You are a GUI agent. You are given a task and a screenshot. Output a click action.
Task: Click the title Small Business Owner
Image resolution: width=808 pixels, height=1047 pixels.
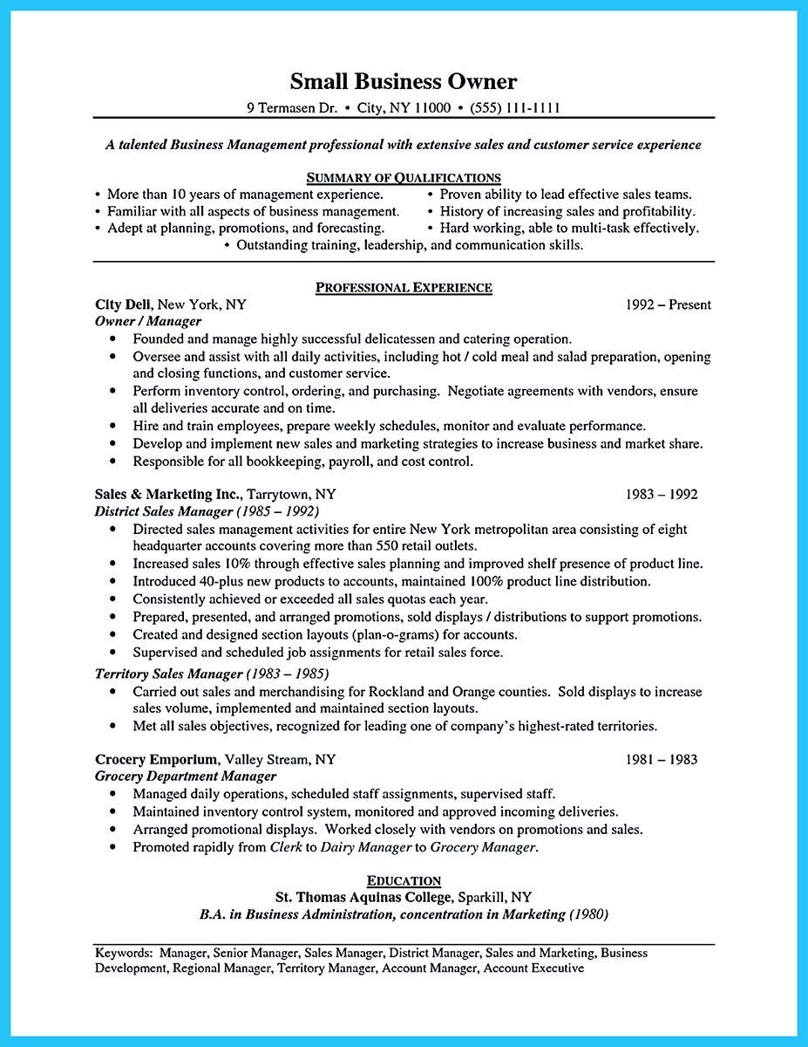pos(403,82)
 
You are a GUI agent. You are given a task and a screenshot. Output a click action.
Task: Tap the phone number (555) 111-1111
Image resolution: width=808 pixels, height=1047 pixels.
pos(514,108)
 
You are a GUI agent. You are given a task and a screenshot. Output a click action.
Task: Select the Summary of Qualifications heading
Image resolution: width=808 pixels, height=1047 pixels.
pos(403,178)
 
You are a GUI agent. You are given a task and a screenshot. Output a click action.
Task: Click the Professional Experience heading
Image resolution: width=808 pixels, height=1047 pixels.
pos(403,287)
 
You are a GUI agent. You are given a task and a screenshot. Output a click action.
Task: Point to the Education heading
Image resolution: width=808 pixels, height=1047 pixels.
pos(403,880)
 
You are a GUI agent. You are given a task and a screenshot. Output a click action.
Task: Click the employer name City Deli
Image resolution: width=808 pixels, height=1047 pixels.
pos(124,305)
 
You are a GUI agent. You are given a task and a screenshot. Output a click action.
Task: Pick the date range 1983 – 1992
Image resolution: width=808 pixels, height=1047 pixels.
pos(662,494)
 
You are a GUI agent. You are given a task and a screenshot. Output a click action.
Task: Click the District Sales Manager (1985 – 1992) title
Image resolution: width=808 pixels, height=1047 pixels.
pos(206,511)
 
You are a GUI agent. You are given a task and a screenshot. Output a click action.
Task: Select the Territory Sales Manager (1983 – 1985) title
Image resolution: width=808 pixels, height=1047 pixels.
pos(211,674)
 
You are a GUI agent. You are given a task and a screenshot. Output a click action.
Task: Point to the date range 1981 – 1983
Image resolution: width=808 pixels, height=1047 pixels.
pos(662,759)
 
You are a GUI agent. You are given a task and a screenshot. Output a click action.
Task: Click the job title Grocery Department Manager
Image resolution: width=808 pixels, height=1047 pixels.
pos(185,776)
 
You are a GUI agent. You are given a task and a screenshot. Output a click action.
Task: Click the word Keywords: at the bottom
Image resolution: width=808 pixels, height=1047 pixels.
pos(124,953)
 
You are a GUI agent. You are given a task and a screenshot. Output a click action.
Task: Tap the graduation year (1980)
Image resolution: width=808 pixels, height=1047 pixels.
pos(588,914)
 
